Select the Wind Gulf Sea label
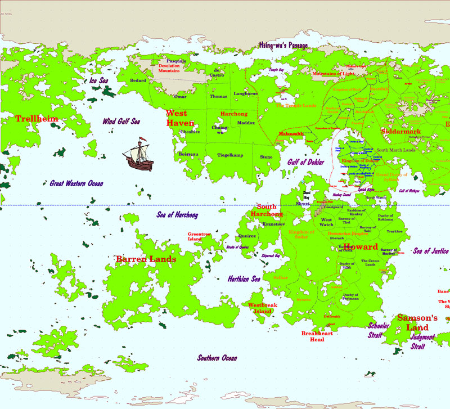pos(121,121)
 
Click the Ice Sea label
pos(98,81)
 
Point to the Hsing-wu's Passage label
pos(283,44)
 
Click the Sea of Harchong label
pos(177,215)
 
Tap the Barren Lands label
pos(146,259)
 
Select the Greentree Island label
pos(199,236)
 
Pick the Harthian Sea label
pos(244,278)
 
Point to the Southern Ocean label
pos(217,358)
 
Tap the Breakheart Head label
pos(317,336)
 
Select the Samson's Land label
pos(417,322)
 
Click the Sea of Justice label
pos(431,251)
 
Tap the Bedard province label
pos(138,80)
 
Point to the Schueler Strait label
pos(379,330)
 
